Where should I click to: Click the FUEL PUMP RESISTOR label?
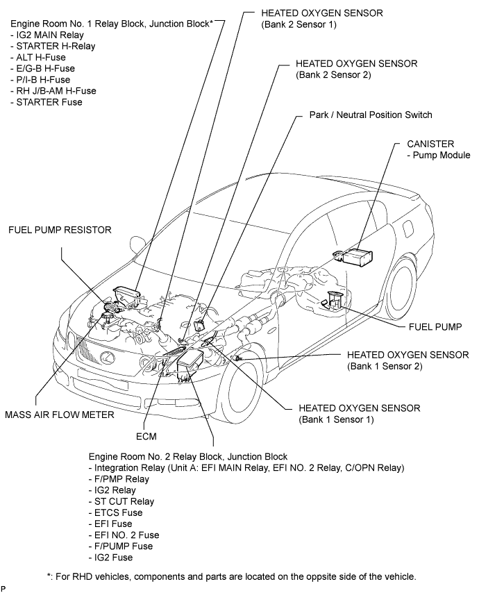click(60, 230)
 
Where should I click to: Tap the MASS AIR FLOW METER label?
click(60, 415)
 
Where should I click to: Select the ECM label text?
click(146, 437)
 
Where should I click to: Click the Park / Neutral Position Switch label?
click(371, 115)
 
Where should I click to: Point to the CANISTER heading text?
click(430, 144)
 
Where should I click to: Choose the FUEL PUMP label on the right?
click(435, 327)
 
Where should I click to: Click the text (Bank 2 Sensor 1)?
click(299, 24)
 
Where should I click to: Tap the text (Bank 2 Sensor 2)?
click(333, 75)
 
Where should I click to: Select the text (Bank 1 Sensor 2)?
click(385, 366)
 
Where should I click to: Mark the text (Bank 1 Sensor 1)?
click(336, 419)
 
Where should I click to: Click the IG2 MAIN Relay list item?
click(47, 35)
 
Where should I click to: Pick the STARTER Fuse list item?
click(47, 102)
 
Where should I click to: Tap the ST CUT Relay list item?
click(121, 501)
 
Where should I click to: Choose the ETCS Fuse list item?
click(116, 513)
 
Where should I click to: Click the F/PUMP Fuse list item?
click(121, 546)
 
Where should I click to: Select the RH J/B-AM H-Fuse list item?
click(53, 91)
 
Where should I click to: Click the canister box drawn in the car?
click(357, 257)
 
